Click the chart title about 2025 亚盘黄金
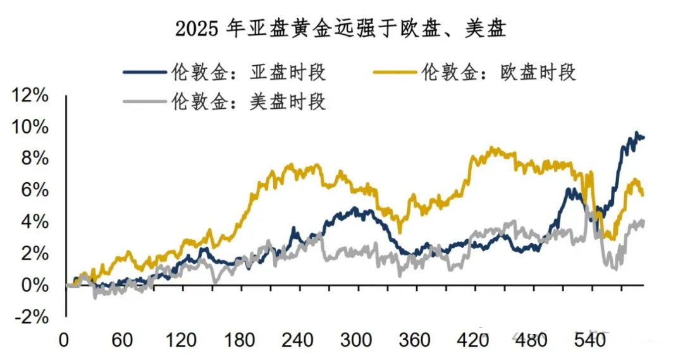[341, 28]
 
